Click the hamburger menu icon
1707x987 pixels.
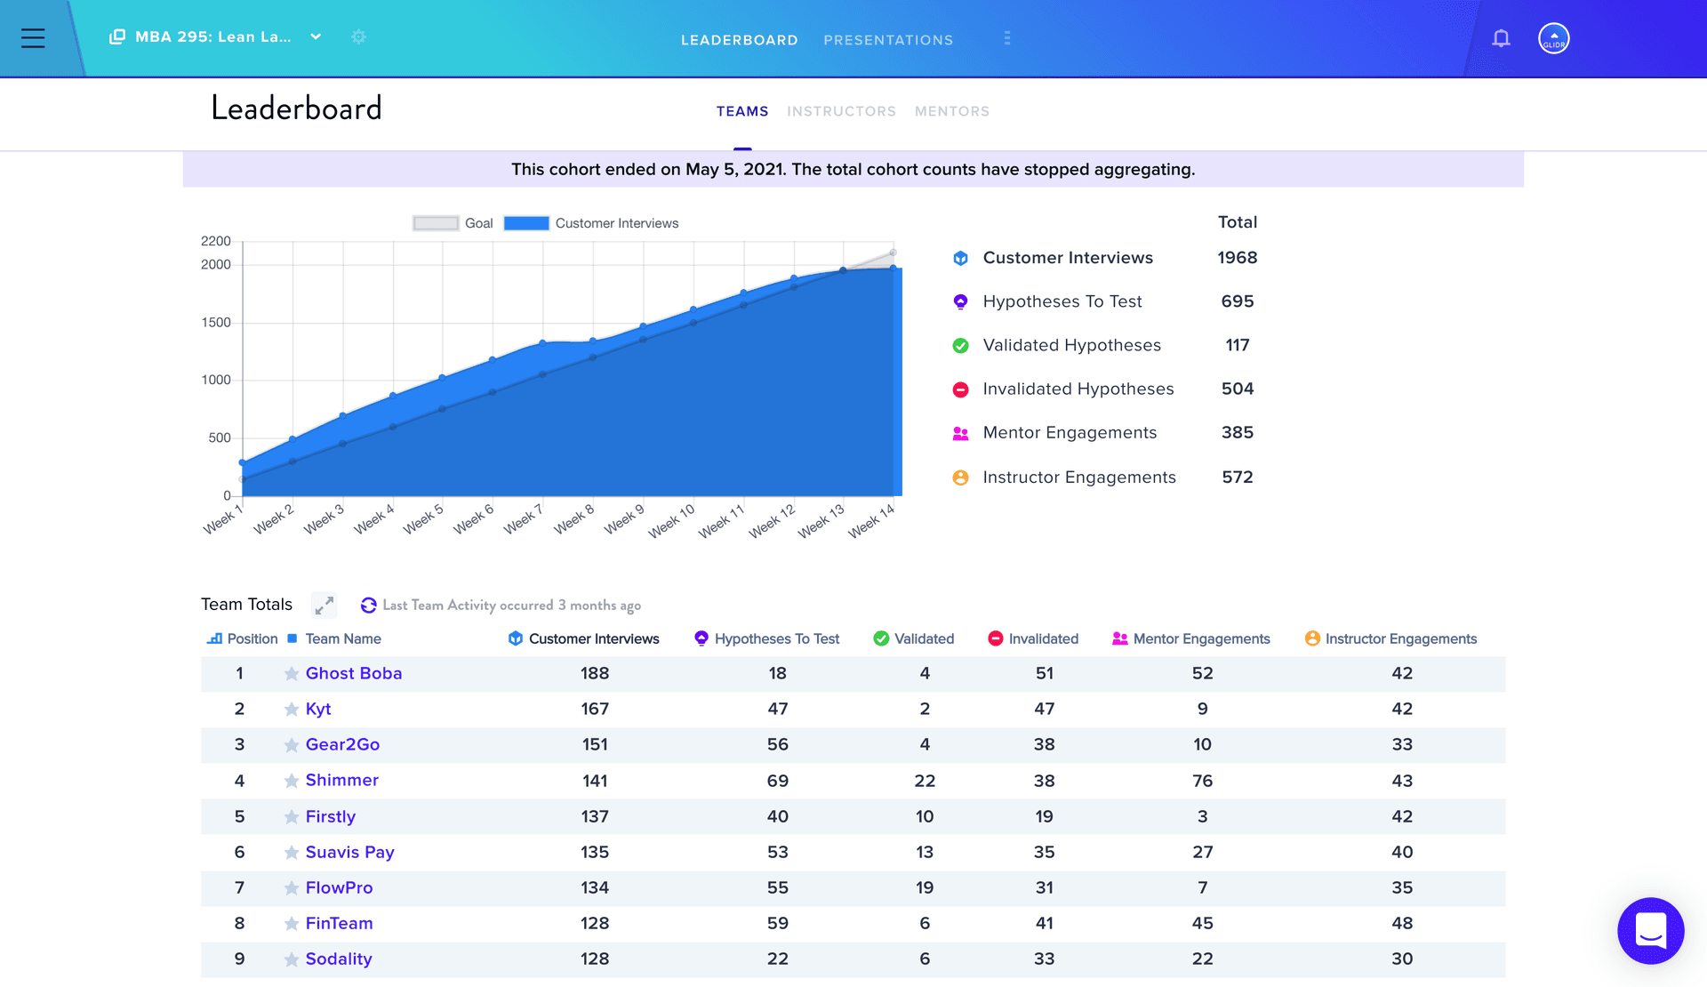tap(33, 38)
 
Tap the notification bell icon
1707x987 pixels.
tap(1501, 38)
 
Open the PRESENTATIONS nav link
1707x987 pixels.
tap(887, 40)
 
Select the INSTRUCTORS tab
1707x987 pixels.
tap(840, 111)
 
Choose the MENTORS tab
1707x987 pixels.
tap(951, 111)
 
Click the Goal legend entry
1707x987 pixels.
tap(453, 223)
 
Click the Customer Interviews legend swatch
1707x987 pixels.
tap(526, 223)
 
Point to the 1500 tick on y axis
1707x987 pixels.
tap(216, 322)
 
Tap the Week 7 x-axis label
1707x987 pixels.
tap(523, 520)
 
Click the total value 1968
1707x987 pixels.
tap(1237, 258)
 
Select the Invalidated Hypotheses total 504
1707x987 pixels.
tap(1237, 389)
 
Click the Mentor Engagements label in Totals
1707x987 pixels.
tap(1070, 433)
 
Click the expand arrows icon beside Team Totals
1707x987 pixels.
tap(325, 605)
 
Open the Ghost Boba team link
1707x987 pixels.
tap(353, 673)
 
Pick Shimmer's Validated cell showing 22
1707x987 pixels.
tap(924, 781)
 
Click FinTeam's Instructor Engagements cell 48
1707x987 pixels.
tap(1401, 923)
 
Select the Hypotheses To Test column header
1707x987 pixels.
tap(776, 638)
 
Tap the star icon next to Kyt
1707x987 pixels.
tap(291, 710)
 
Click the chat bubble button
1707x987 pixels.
tap(1650, 931)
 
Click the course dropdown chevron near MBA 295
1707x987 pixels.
tap(316, 37)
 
